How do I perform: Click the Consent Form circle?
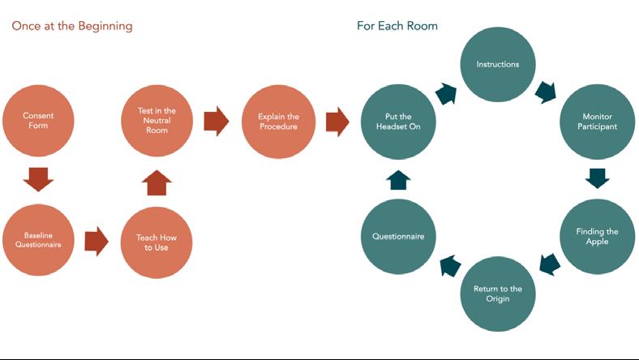point(38,121)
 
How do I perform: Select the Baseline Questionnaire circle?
point(38,241)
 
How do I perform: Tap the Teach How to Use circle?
point(157,242)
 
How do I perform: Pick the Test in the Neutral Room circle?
point(157,121)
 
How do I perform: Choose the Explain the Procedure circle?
point(277,122)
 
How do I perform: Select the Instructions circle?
point(497,64)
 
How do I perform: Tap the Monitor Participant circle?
point(599,122)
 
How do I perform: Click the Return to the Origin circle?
point(497,294)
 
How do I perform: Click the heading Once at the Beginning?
point(72,26)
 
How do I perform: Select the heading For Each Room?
point(397,26)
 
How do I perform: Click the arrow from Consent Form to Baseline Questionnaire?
point(38,178)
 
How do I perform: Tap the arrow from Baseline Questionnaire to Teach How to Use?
point(96,241)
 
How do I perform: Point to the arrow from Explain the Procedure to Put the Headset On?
point(337,122)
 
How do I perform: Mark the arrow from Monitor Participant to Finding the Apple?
point(598,178)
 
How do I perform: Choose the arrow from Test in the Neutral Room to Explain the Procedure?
point(217,122)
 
